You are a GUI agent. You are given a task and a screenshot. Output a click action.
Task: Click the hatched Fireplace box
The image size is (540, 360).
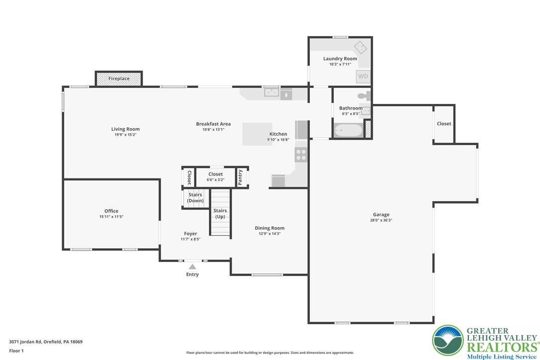point(119,79)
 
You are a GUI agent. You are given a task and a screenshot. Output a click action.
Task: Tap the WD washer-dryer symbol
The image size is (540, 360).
point(363,77)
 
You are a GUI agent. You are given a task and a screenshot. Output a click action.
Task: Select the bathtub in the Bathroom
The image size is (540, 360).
point(348,131)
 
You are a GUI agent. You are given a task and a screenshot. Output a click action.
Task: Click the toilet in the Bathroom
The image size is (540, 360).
point(363,94)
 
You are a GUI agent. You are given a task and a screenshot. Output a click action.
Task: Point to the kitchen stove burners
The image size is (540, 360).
point(301,155)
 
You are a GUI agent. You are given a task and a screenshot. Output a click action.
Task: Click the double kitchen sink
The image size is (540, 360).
point(271,92)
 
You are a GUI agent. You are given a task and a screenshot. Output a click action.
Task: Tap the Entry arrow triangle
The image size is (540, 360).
point(192,267)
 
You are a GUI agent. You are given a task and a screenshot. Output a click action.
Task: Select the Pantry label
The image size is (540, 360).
point(241,178)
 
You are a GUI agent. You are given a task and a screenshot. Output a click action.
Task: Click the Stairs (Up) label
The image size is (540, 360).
point(220,214)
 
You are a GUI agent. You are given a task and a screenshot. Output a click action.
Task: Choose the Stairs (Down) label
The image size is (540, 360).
point(195,198)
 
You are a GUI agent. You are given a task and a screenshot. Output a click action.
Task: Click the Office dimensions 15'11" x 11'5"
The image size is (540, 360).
point(111,217)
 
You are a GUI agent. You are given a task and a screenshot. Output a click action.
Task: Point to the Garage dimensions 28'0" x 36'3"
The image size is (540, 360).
point(381,220)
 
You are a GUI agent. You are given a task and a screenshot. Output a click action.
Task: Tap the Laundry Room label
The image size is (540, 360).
point(340,59)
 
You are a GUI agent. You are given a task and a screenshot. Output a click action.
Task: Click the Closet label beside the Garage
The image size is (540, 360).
point(444,124)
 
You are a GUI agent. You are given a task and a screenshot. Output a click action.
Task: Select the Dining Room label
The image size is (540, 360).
point(270,228)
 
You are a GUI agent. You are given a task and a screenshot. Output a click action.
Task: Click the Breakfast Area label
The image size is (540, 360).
point(213,124)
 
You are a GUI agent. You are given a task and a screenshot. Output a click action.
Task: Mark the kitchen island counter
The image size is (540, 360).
point(257,134)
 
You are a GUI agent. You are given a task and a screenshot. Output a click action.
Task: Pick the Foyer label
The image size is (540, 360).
point(190,234)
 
